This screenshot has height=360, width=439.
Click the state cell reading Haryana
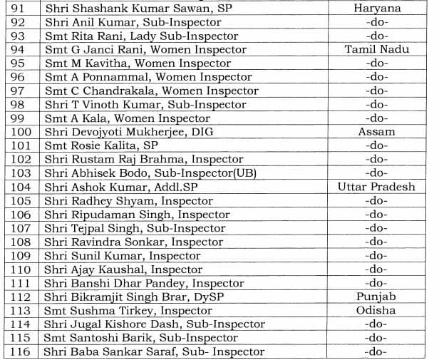pyautogui.click(x=376, y=9)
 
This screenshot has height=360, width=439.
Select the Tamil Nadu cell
pyautogui.click(x=376, y=50)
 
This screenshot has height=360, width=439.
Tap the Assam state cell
pyautogui.click(x=376, y=132)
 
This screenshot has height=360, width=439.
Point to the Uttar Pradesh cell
pyautogui.click(x=376, y=187)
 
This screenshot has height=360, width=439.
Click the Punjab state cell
pyautogui.click(x=376, y=297)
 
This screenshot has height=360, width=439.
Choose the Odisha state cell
pyautogui.click(x=376, y=310)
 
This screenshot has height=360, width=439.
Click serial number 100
pyautogui.click(x=21, y=132)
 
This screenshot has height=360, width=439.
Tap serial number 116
pyautogui.click(x=21, y=351)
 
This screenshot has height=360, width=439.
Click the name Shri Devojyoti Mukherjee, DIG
pyautogui.click(x=129, y=132)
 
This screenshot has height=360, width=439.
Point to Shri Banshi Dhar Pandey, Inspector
pyautogui.click(x=144, y=283)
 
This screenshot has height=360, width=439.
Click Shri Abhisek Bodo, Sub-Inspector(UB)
pyautogui.click(x=150, y=173)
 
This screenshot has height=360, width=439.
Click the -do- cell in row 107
pyautogui.click(x=376, y=228)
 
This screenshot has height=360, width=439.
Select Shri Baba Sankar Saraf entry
pyautogui.click(x=154, y=351)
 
